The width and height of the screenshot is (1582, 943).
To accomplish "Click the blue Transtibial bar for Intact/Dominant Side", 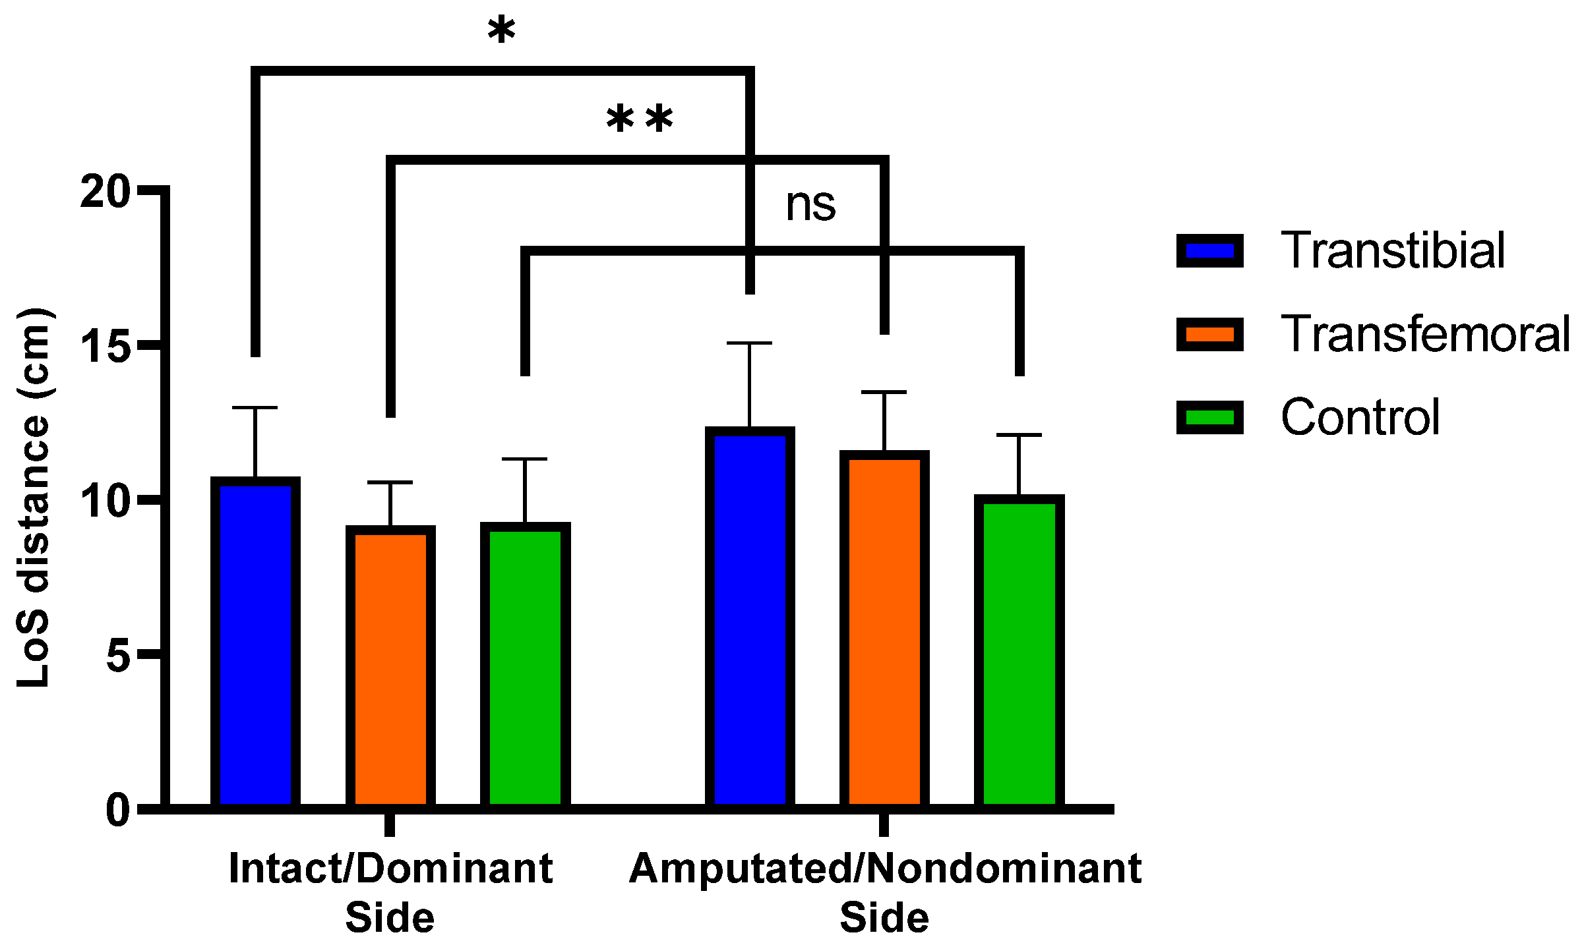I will point(255,643).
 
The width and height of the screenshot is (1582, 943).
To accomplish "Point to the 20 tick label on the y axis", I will point(105,192).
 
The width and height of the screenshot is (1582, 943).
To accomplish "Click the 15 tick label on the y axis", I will point(105,346).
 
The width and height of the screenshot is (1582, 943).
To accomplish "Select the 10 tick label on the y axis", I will point(105,501).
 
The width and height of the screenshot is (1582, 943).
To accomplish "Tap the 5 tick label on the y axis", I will point(118,655).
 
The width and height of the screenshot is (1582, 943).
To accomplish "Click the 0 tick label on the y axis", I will point(118,810).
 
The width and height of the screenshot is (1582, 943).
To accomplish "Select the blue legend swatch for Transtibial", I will point(1209,251).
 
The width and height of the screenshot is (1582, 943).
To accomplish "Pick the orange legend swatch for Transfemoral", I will point(1209,334).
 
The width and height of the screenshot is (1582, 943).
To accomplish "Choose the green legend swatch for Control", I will point(1209,417).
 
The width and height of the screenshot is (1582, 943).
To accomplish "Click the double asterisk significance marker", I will point(640,121).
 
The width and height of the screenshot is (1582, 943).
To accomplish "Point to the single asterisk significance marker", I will point(502,32).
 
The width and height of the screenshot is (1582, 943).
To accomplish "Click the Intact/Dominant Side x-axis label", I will point(390,893).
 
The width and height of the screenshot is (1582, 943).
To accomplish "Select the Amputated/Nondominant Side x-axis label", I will point(885,893).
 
